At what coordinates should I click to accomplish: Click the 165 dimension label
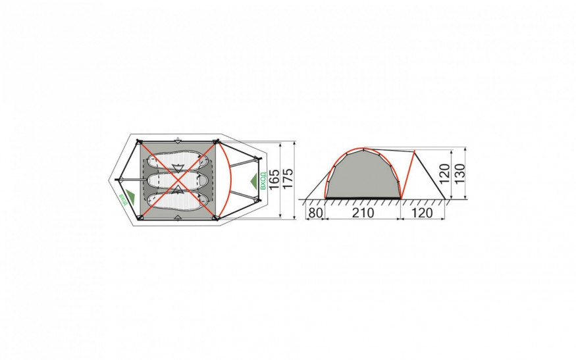pos(275,180)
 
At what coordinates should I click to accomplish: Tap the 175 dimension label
pos(288,179)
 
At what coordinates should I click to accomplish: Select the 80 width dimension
pos(315,213)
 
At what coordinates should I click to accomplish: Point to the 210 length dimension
pos(363,213)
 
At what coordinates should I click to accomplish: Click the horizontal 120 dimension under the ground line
pos(422,213)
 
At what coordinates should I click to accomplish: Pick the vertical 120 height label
pos(444,174)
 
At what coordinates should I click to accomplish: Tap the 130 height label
pos(460,174)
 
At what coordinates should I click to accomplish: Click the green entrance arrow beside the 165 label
pos(254,181)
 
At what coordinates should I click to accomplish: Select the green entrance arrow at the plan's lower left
pos(130,197)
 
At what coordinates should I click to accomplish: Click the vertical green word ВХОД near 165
pos(262,181)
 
